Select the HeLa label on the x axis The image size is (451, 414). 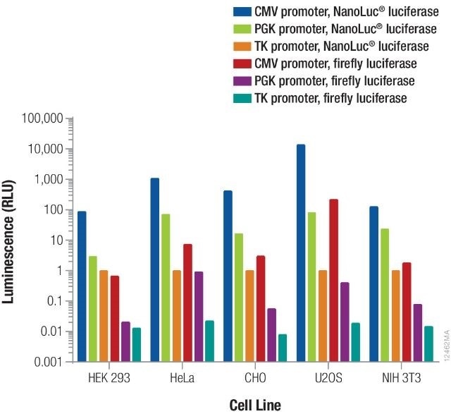click(182, 377)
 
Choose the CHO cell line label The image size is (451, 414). click(255, 377)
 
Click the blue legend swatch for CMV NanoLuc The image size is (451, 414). click(242, 13)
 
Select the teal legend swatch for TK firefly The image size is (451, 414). click(242, 99)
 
